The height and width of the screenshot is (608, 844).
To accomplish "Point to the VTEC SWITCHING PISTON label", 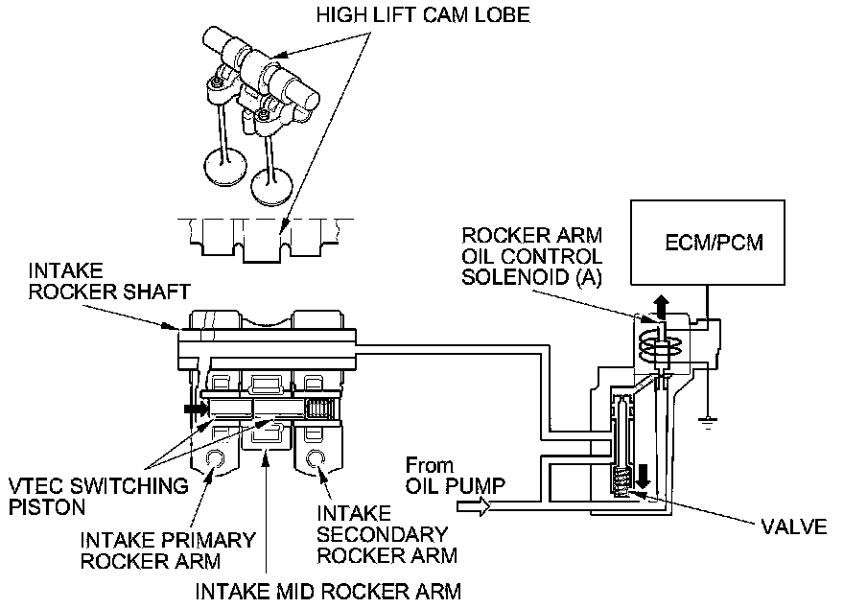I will (x=96, y=495).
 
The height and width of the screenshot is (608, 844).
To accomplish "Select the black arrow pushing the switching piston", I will (x=195, y=408).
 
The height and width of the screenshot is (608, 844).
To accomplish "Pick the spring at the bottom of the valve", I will (x=622, y=478).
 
